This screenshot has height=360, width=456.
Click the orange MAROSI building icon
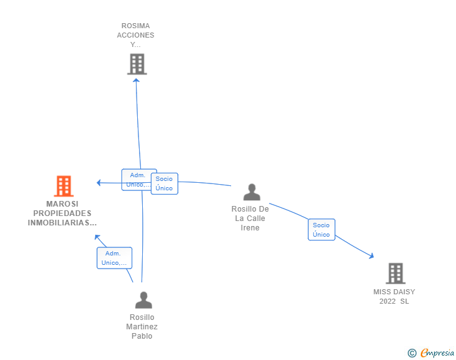tap(63, 186)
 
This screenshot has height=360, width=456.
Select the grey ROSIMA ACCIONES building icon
tap(137, 64)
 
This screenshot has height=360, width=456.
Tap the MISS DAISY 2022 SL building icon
tap(395, 273)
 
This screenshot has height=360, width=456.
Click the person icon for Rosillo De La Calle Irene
tap(251, 192)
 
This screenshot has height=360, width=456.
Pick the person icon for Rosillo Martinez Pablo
tap(143, 301)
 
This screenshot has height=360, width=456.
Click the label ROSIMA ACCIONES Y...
tap(135, 35)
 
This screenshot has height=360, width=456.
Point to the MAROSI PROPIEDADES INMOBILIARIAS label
tap(63, 213)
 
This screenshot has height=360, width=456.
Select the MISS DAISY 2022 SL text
tap(394, 297)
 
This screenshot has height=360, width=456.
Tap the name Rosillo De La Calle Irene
tap(250, 219)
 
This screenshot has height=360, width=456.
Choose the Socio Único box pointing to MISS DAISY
tap(321, 230)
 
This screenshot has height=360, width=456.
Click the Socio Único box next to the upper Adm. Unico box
tap(164, 183)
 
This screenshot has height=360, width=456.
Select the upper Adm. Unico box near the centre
tap(138, 180)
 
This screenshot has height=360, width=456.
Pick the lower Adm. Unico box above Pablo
tap(114, 258)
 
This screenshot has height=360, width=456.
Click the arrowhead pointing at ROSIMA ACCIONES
tap(136, 80)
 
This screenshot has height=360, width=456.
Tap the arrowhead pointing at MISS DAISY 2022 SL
tap(371, 255)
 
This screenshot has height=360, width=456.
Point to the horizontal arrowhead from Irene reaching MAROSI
tap(98, 183)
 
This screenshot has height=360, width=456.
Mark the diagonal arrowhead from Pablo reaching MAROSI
tap(96, 237)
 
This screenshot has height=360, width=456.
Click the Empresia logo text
tap(437, 353)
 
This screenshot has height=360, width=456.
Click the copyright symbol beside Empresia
tap(412, 353)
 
